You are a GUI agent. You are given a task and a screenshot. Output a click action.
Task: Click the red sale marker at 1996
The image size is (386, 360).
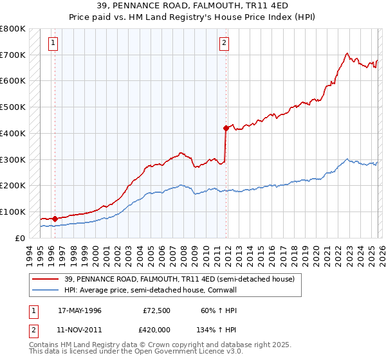click(x=55, y=219)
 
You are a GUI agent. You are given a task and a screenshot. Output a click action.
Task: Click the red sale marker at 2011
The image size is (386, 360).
click(x=226, y=128)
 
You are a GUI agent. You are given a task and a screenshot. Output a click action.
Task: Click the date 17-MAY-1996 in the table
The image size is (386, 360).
click(x=80, y=310)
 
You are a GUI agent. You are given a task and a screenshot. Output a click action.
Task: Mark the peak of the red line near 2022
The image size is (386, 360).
click(x=347, y=53)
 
